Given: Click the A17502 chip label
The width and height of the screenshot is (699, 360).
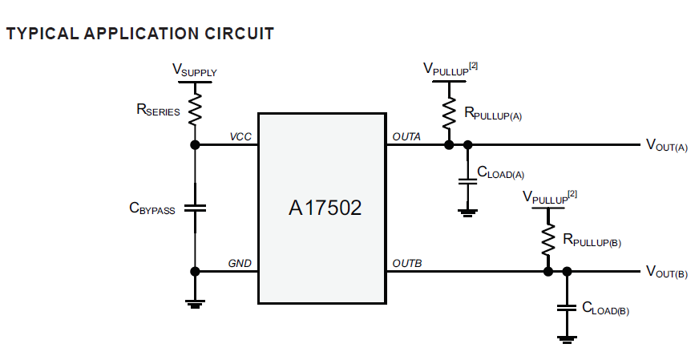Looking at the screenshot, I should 325,208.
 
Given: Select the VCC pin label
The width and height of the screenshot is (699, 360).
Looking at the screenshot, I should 240,137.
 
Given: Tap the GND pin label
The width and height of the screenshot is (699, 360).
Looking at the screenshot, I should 240,263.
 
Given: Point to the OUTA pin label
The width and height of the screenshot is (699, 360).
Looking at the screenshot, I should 406,137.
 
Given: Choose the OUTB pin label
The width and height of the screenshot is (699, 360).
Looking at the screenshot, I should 406,263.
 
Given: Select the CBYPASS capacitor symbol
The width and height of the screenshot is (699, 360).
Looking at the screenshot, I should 195,208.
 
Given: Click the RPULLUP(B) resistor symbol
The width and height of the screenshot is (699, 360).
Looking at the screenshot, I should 548,237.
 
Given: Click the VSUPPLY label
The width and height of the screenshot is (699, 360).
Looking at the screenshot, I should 195,71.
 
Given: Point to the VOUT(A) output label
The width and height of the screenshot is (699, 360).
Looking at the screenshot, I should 666,145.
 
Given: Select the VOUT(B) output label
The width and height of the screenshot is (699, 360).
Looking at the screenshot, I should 666,272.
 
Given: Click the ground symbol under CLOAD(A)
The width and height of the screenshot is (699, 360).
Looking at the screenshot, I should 467,212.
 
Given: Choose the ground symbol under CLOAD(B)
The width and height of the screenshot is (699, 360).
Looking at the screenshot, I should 567,339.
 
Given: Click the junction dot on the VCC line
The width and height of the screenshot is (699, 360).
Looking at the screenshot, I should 195,145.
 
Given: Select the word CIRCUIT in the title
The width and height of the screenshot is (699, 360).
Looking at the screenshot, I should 238,34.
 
